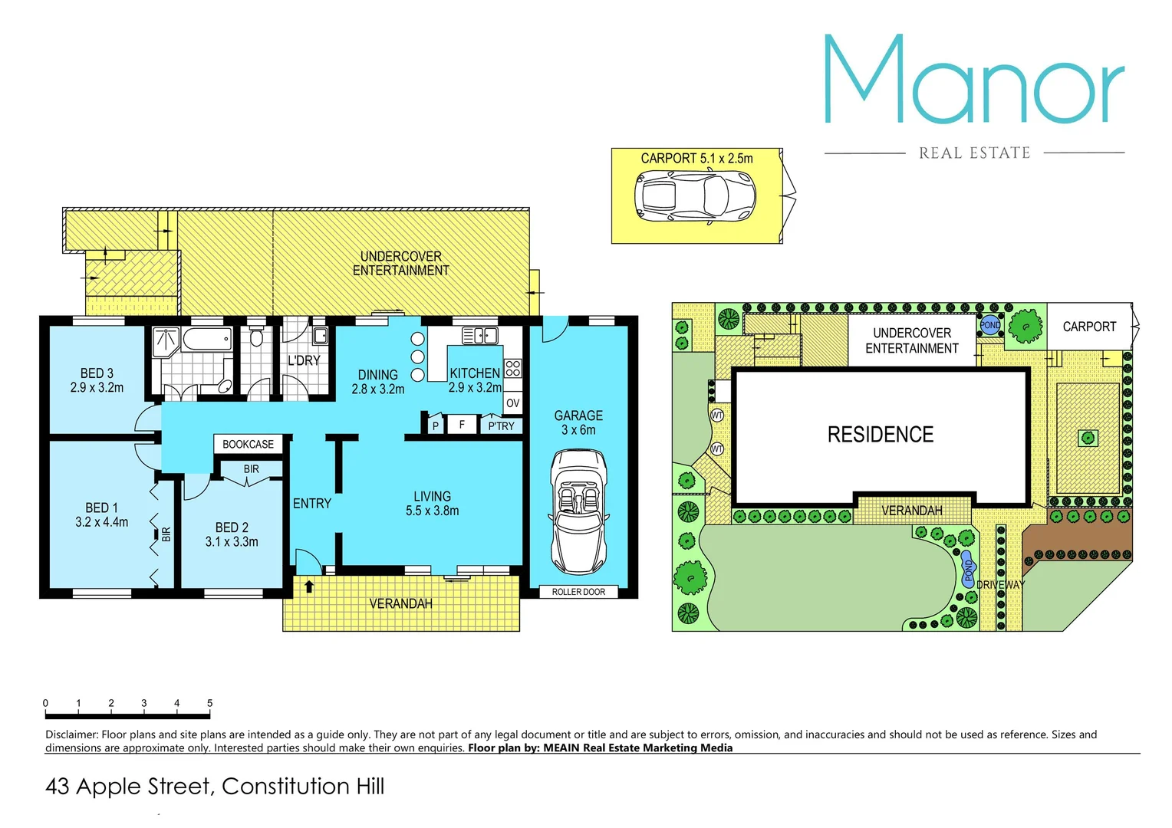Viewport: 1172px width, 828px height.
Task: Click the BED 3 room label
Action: (x=97, y=380)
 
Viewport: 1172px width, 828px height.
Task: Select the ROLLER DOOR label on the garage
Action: (x=578, y=592)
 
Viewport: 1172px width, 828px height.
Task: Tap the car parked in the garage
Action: (x=578, y=511)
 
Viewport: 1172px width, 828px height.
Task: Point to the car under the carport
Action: (x=695, y=197)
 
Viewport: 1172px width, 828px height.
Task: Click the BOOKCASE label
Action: (x=248, y=444)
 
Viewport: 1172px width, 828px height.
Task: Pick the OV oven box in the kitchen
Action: (x=512, y=403)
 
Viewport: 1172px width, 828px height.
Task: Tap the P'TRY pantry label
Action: (x=501, y=426)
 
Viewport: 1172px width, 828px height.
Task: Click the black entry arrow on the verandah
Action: (x=309, y=586)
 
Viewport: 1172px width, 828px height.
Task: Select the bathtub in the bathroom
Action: (x=206, y=338)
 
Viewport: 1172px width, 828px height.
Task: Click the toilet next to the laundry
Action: (x=257, y=337)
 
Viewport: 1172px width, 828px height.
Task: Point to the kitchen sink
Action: (x=479, y=335)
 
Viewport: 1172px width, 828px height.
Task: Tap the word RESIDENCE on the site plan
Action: (x=880, y=435)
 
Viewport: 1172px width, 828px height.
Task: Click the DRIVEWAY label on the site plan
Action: (x=1000, y=584)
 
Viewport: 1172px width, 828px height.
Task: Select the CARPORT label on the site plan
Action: (x=1089, y=327)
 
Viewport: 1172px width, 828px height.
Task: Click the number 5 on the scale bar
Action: (x=209, y=703)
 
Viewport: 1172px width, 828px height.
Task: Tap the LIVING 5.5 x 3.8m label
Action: (x=432, y=504)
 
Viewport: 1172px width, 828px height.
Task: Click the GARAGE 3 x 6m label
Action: (x=578, y=422)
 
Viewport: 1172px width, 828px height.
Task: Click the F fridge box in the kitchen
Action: (x=462, y=424)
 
